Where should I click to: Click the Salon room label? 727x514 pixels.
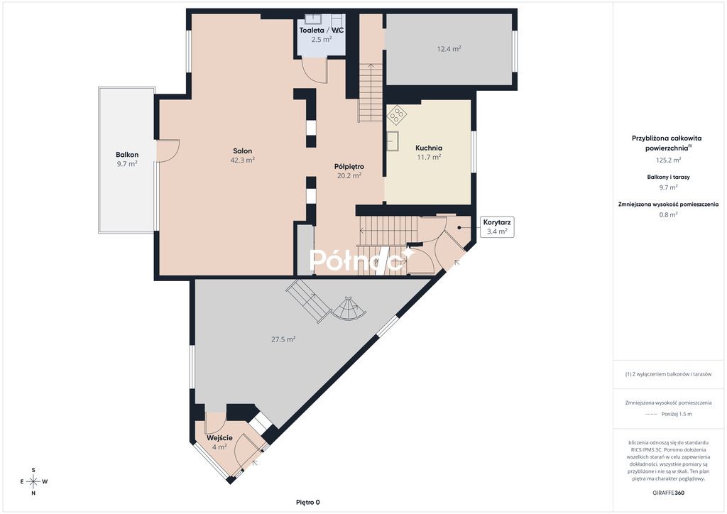click(243, 151)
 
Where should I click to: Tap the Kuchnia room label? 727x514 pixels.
click(428, 148)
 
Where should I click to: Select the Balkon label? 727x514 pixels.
click(127, 155)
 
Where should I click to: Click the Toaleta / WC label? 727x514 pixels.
click(322, 30)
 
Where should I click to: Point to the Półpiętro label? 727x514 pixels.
click(349, 166)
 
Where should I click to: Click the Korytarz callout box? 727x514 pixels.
click(496, 227)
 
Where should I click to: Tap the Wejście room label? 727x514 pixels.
click(219, 438)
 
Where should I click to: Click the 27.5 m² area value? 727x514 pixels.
click(283, 339)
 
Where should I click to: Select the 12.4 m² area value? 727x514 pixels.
click(449, 49)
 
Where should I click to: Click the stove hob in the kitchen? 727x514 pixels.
click(396, 114)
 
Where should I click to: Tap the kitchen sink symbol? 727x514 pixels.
click(393, 141)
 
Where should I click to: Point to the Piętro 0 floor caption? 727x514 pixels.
click(308, 502)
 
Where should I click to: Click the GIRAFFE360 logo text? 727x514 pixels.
click(668, 493)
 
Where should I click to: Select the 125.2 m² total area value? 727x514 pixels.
click(668, 160)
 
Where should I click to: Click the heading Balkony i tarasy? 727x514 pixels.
click(668, 177)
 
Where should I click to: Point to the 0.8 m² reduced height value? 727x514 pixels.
click(668, 214)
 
